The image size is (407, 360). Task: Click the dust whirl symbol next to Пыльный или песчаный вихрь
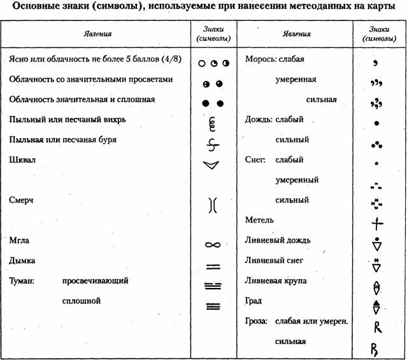pyautogui.click(x=213, y=121)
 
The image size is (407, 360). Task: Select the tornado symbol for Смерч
pyautogui.click(x=213, y=205)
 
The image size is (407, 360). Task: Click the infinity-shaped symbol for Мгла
pyautogui.click(x=213, y=244)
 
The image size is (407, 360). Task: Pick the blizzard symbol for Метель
pyautogui.click(x=376, y=224)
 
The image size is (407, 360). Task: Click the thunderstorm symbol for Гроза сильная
pyautogui.click(x=376, y=349)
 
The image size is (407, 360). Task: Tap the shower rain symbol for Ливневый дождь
pyautogui.click(x=376, y=244)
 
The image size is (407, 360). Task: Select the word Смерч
pyautogui.click(x=20, y=199)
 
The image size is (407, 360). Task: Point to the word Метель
pyautogui.click(x=259, y=220)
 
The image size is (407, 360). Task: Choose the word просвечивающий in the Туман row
pyautogui.click(x=96, y=280)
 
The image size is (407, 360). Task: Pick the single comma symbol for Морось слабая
pyautogui.click(x=376, y=62)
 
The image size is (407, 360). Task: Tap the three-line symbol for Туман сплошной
pyautogui.click(x=213, y=305)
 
